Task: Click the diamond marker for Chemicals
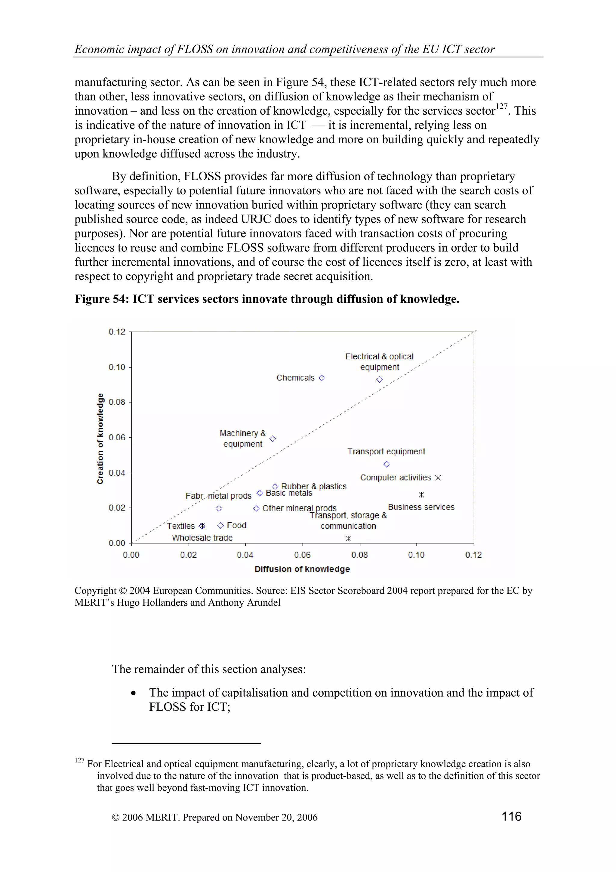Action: coord(322,378)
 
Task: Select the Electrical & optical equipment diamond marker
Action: coord(380,380)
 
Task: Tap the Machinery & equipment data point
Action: coord(273,439)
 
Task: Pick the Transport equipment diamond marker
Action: coord(387,464)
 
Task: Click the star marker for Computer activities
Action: coord(438,478)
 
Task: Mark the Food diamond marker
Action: coord(220,526)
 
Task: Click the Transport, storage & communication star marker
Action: coord(348,539)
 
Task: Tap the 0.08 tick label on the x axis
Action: coord(359,555)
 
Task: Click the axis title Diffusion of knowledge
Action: coord(302,569)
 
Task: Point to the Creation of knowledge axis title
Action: coord(100,438)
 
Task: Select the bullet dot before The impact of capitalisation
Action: coord(133,694)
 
